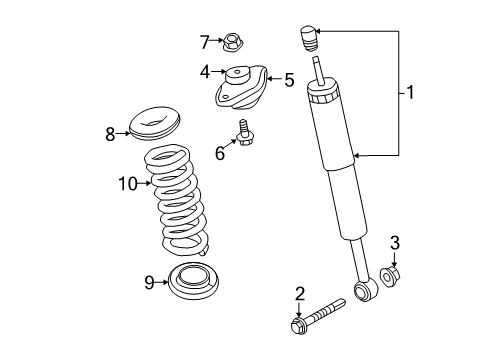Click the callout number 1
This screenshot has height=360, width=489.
click(409, 93)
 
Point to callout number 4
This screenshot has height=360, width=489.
click(205, 72)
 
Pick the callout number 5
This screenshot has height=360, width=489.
click(289, 79)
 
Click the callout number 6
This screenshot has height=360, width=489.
click(220, 152)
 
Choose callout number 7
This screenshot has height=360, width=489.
click(204, 42)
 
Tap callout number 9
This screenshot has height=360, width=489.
click(149, 283)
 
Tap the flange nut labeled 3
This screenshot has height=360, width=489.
click(393, 273)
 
